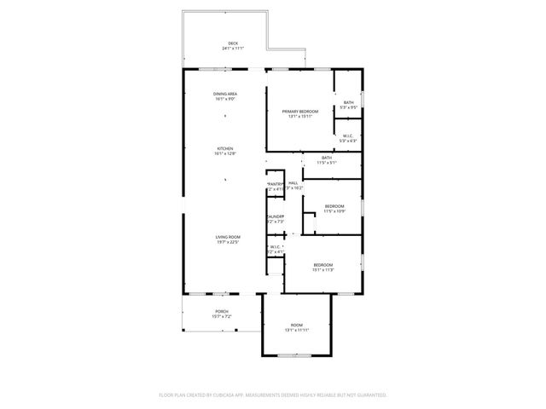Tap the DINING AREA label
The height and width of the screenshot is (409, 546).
(x=225, y=94)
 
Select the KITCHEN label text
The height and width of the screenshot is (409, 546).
(x=224, y=148)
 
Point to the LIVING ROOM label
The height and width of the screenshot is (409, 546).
(x=228, y=236)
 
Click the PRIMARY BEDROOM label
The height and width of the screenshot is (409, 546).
(x=301, y=111)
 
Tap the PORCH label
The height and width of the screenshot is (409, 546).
(x=222, y=312)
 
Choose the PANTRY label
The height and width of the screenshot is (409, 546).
(x=275, y=184)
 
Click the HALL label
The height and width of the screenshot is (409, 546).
(x=293, y=183)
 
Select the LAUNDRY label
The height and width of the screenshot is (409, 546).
(x=275, y=216)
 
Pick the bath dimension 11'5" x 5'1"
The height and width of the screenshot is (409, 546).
(x=327, y=162)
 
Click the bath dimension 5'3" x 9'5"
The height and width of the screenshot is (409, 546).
(x=348, y=107)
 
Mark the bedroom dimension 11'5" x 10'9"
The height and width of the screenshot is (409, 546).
(x=334, y=210)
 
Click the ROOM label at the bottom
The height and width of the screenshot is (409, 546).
(x=296, y=325)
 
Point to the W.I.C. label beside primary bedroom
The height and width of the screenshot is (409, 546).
(x=348, y=135)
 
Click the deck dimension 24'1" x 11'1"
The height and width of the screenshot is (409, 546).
(x=233, y=49)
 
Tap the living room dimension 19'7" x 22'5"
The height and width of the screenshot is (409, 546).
(x=228, y=242)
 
